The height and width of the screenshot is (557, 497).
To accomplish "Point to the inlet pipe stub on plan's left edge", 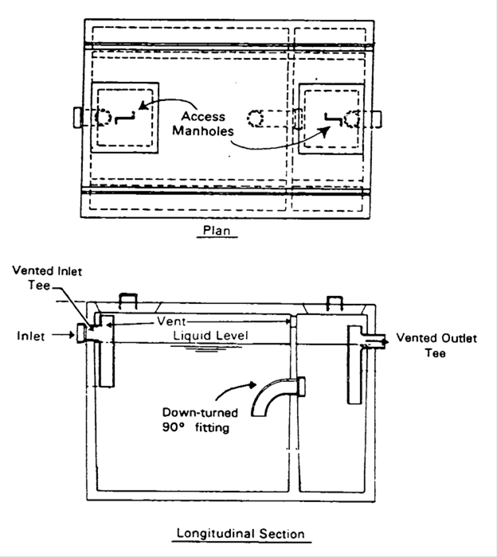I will tap(77, 117).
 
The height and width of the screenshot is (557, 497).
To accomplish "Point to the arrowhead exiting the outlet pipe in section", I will tap(387, 340).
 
